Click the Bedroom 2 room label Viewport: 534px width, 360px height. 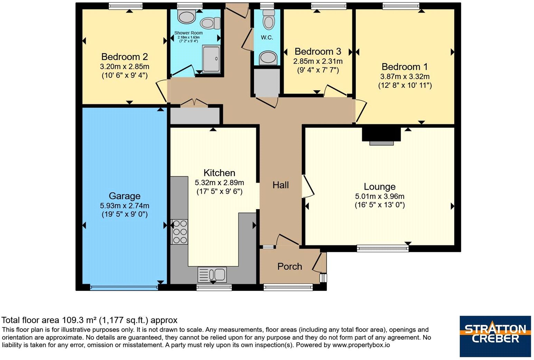point(124,57)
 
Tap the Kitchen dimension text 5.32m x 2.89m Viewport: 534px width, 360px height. point(219,183)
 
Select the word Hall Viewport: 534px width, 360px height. point(281,185)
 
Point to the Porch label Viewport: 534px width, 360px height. point(290,266)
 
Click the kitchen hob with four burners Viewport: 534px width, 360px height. point(179,232)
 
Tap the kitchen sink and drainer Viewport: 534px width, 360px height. point(212,275)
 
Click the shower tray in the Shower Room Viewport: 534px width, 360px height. point(211,59)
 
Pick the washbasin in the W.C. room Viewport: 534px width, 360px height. point(268,58)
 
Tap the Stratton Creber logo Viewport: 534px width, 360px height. point(495,336)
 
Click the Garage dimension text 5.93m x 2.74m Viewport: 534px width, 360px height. point(124,206)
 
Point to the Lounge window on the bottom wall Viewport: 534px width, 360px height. point(383,249)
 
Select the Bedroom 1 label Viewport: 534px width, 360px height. point(404,67)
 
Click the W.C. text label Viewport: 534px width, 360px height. point(267,37)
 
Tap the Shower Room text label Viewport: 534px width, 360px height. point(188,33)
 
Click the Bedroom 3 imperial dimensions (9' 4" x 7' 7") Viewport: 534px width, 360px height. point(318,70)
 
